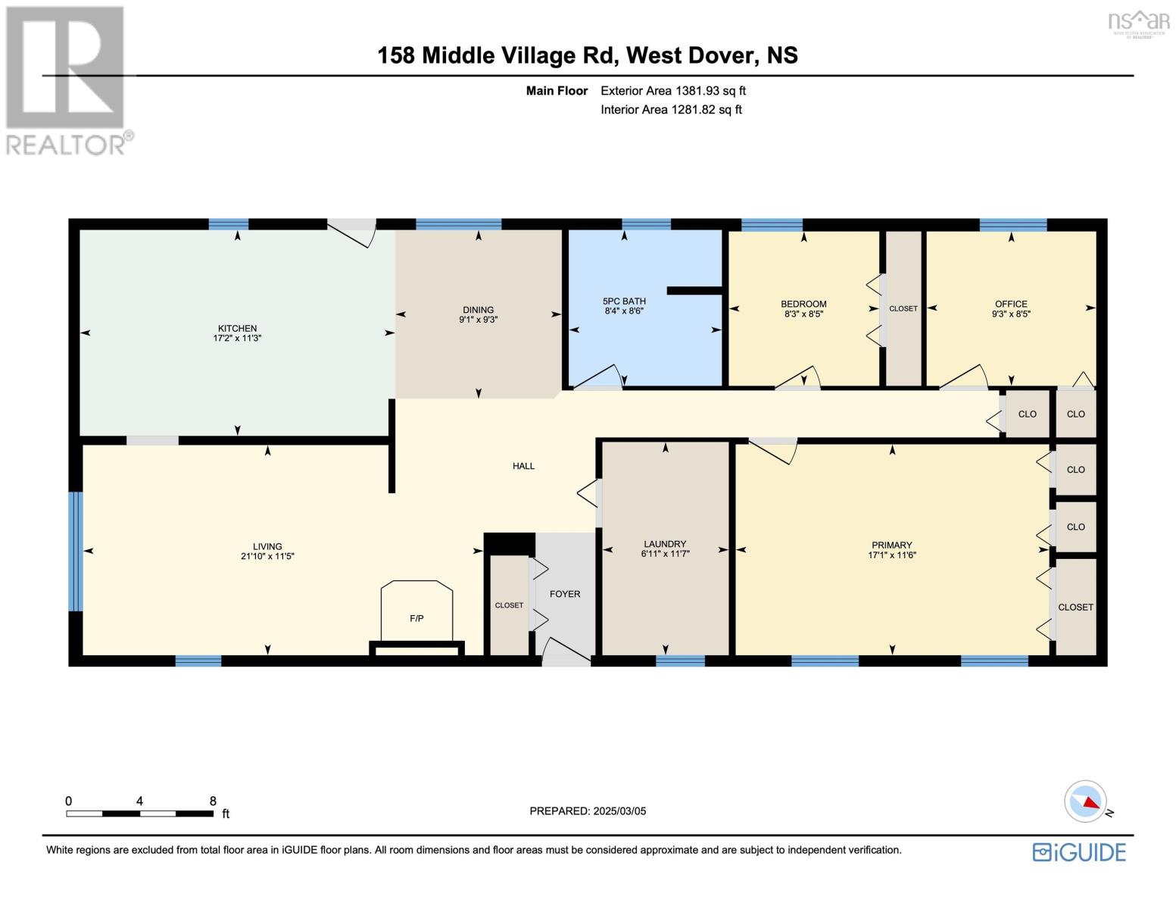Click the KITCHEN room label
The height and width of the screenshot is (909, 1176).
(237, 328)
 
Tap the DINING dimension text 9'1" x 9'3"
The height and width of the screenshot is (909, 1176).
(478, 320)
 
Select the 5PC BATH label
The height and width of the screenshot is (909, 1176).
(624, 301)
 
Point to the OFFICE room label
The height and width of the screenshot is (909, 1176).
(1011, 304)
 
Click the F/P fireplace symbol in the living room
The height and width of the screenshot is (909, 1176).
(416, 617)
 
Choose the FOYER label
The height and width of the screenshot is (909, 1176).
(565, 594)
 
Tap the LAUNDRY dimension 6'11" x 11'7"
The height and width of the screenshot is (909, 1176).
(665, 554)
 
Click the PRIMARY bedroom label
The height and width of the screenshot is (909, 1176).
(891, 545)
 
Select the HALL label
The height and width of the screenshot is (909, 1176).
(523, 466)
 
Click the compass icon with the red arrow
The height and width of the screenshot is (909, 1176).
(1085, 801)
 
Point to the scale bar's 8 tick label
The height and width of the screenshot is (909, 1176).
(213, 801)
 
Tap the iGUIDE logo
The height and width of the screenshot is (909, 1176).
(1079, 852)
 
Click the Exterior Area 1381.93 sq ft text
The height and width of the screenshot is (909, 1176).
(673, 91)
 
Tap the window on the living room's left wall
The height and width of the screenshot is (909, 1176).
(75, 551)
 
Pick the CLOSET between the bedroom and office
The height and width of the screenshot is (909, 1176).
(903, 308)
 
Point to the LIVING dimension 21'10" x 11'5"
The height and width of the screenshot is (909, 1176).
(267, 556)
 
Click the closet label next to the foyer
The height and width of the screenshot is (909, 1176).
(509, 605)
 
